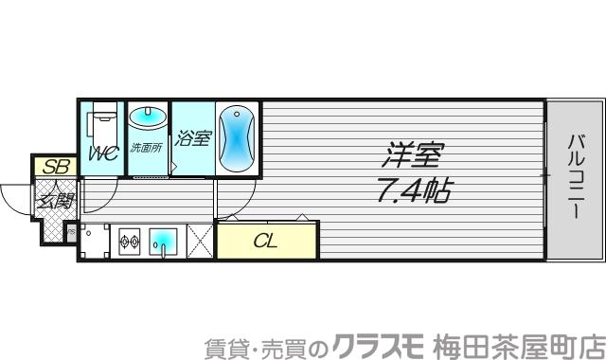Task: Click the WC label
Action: point(103,153)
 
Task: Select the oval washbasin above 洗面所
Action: point(147,119)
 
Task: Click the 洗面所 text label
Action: point(147,149)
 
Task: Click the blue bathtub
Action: point(236,137)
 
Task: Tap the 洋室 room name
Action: point(413,153)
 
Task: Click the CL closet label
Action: point(266,241)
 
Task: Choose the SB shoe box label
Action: point(56,166)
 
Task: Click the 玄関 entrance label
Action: point(56,201)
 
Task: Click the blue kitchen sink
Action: point(166,242)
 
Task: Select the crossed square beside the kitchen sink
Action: point(199,241)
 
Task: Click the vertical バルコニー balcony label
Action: point(574,177)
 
